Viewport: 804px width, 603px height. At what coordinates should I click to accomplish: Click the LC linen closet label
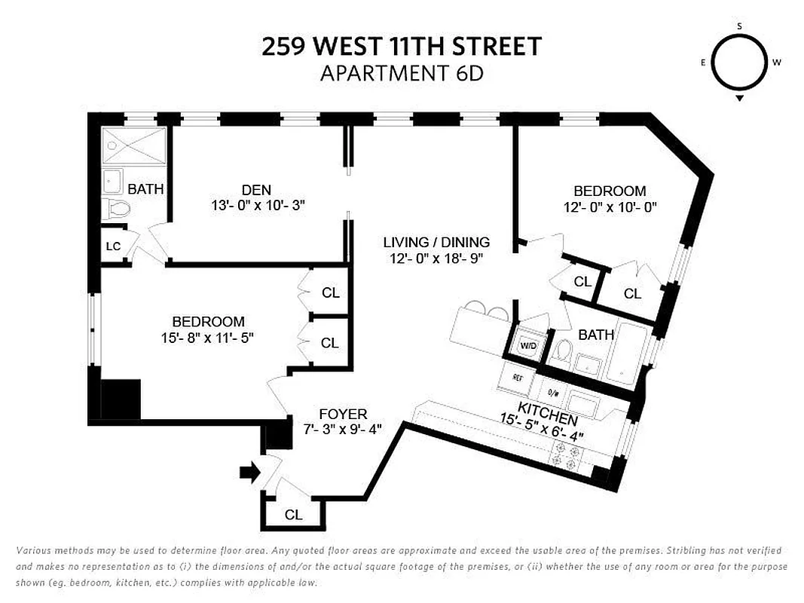(113, 246)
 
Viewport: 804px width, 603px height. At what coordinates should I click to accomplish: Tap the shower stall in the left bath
(133, 144)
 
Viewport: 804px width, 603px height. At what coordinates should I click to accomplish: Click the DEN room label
(256, 190)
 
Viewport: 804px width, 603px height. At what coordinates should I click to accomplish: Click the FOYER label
(343, 414)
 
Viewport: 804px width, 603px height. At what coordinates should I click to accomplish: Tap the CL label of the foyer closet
(293, 515)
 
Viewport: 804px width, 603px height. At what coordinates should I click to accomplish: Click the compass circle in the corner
(739, 63)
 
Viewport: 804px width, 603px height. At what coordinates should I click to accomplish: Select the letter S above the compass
(739, 26)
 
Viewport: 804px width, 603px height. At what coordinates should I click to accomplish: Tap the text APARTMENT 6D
(401, 74)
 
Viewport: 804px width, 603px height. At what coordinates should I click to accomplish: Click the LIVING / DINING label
(436, 242)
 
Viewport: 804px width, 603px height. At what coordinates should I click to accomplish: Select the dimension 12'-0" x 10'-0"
(610, 207)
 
